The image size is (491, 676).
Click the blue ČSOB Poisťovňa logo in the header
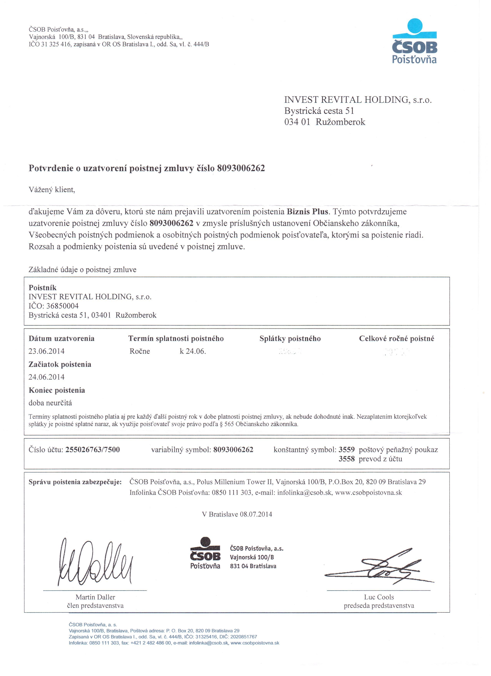[x=414, y=42]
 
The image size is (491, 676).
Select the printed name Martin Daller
[x=95, y=597]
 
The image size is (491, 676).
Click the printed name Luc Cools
[x=379, y=597]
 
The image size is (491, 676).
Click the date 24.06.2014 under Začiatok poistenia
[x=46, y=377]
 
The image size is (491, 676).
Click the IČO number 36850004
[x=63, y=306]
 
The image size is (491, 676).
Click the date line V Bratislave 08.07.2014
[x=237, y=514]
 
